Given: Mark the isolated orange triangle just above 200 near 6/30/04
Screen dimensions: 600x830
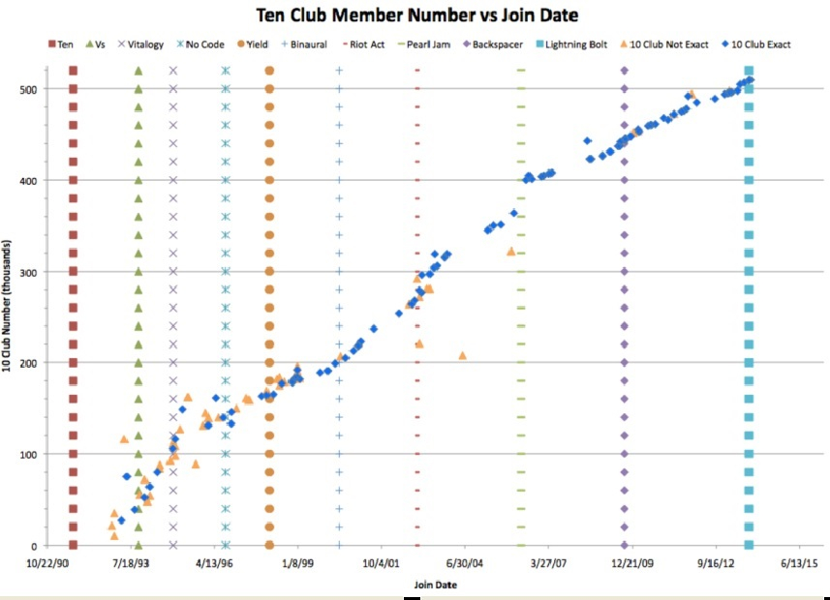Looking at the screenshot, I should pyautogui.click(x=463, y=355).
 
